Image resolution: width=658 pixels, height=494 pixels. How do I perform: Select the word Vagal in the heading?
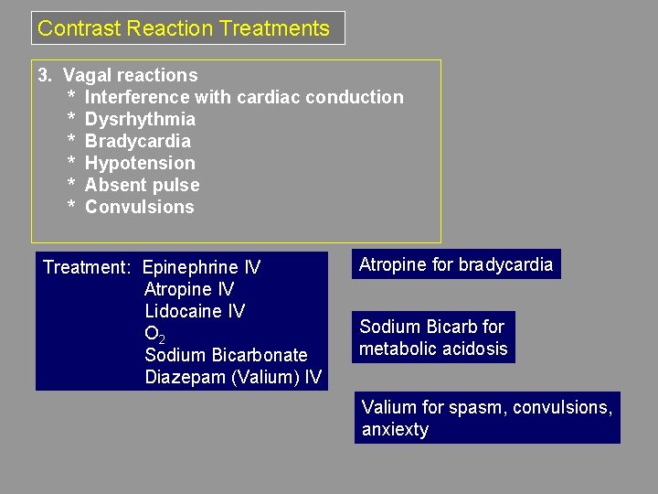85,75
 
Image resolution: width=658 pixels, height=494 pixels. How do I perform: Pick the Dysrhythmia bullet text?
140,119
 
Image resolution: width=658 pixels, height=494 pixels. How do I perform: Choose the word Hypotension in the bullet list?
140,163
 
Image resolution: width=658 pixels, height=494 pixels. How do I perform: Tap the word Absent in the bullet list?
112,185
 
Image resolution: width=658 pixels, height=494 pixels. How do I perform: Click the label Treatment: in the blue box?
88,268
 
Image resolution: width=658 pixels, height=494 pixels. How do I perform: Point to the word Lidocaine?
183,311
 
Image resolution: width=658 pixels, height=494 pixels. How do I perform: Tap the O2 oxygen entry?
154,334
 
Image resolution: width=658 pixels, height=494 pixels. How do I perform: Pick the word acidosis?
472,349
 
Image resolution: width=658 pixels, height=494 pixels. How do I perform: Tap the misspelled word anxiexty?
395,430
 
